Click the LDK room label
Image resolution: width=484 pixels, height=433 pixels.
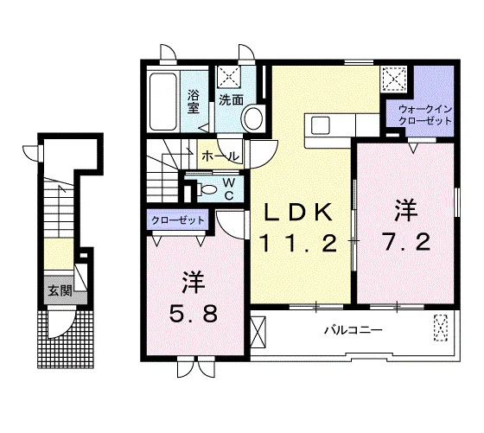click(298, 212)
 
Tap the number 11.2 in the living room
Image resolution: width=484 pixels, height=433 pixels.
click(299, 243)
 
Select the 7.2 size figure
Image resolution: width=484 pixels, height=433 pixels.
click(405, 242)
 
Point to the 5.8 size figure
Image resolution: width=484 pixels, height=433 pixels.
click(194, 313)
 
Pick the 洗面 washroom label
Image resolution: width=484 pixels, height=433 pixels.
click(232, 99)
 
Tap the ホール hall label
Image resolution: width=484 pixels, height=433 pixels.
click(220, 156)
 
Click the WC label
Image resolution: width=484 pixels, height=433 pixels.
click(228, 189)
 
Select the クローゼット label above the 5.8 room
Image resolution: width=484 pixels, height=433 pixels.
click(178, 220)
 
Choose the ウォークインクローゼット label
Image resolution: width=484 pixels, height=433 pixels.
click(425, 114)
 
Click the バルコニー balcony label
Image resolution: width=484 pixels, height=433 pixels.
click(353, 330)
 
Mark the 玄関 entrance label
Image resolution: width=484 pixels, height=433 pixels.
click(60, 290)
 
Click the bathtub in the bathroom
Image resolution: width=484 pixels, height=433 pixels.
click(163, 102)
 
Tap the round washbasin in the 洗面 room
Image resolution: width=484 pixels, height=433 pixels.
click(253, 118)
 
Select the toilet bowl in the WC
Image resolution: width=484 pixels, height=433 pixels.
click(207, 189)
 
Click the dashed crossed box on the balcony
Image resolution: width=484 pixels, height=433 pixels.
click(441, 328)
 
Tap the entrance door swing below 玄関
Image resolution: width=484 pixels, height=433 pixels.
click(61, 324)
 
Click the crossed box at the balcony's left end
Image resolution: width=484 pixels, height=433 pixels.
click(258, 332)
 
